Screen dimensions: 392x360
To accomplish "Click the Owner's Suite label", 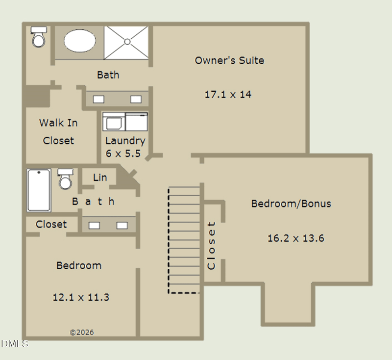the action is coord(229,60).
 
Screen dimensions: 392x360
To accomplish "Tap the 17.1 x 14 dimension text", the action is coord(228,94).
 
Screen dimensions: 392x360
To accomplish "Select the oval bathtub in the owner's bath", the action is coord(79,41).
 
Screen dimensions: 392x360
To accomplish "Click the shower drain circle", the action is coord(127,42).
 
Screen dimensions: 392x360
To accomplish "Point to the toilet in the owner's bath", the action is coord(39,37).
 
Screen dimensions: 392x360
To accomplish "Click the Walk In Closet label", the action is coord(58,131).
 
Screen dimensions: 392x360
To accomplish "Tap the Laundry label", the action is coord(125,141).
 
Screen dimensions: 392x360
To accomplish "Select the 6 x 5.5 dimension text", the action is coord(123,154).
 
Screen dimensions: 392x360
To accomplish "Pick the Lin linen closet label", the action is coord(100,178).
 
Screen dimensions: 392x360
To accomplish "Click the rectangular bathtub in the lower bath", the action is coord(39,190).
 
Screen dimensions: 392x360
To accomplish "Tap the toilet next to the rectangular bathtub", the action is coord(65,179).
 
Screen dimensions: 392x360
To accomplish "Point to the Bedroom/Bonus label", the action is coord(291,204).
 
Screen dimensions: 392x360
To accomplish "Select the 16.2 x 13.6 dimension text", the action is coord(296,238).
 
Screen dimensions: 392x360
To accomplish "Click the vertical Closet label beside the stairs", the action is coord(211,246).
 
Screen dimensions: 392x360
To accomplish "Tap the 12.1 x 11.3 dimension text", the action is coord(81,297).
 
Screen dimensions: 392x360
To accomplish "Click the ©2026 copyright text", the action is coord(82,332).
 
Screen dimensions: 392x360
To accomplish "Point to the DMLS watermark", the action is coord(15,344).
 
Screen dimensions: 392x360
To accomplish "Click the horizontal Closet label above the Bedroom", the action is coord(51,224).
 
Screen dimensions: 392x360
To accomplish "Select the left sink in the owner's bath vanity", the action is coord(98,100).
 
